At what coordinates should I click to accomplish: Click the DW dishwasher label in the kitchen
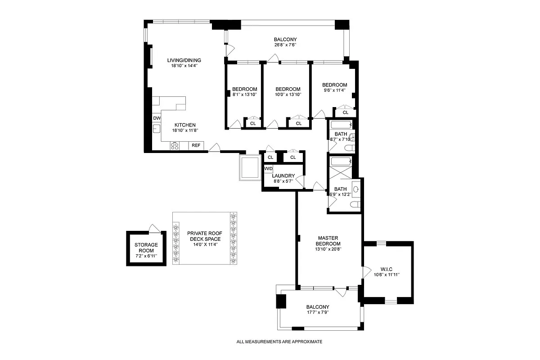[x=157, y=118]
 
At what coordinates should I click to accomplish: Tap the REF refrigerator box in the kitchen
[x=196, y=145]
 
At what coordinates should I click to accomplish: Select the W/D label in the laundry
[x=268, y=169]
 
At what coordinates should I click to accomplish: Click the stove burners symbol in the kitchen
[x=174, y=146]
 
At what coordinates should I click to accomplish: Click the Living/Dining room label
[x=184, y=60]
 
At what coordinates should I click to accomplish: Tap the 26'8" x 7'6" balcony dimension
[x=285, y=45]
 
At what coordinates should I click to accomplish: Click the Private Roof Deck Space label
[x=204, y=236]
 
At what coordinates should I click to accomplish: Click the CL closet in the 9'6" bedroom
[x=346, y=112]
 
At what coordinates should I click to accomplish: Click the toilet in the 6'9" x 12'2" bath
[x=355, y=205]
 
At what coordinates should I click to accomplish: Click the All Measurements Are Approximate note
[x=279, y=342]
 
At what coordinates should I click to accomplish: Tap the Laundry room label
[x=283, y=176]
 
